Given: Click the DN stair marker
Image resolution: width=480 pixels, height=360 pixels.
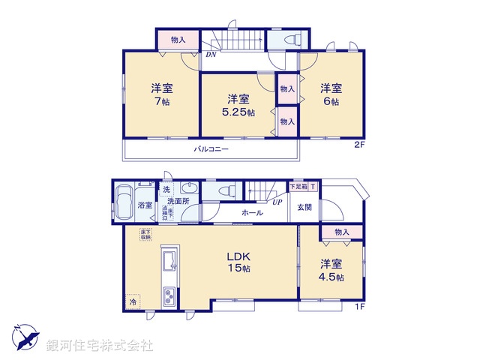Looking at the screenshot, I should [x=211, y=55].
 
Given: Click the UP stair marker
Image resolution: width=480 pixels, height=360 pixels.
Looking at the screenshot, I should [x=277, y=202].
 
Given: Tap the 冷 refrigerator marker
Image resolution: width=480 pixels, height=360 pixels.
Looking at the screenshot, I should [x=133, y=301].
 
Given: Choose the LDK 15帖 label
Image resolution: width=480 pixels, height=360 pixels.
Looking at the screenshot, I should [x=238, y=262].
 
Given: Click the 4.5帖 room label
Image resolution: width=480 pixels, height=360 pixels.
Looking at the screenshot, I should [x=331, y=271].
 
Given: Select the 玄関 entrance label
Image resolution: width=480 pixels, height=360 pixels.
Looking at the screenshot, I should [x=304, y=207].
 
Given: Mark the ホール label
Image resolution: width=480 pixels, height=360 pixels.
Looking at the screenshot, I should [x=252, y=214].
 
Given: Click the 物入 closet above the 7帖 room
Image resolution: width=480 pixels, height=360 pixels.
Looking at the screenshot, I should [x=178, y=39].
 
